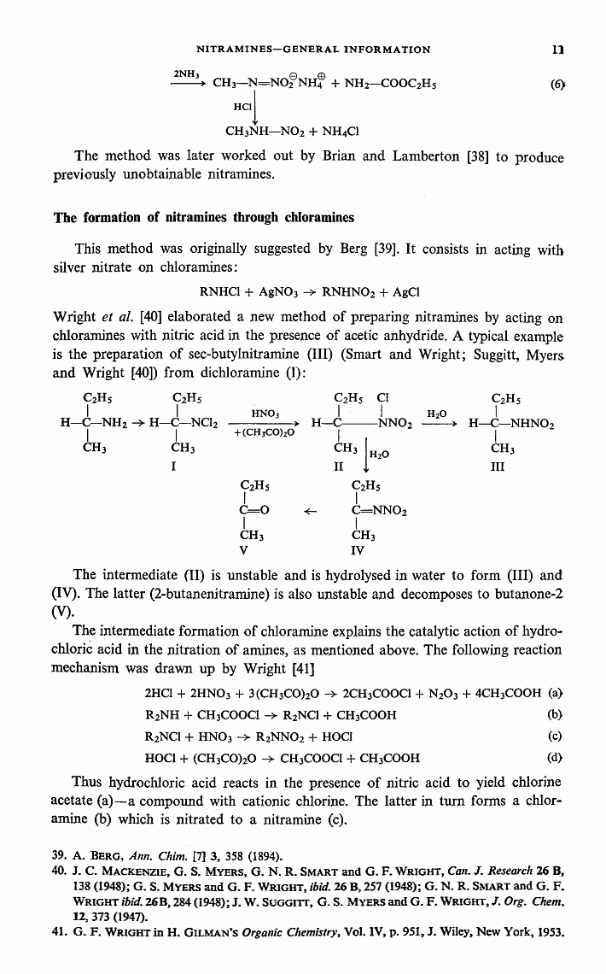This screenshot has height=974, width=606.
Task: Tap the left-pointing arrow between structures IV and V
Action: point(311,512)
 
